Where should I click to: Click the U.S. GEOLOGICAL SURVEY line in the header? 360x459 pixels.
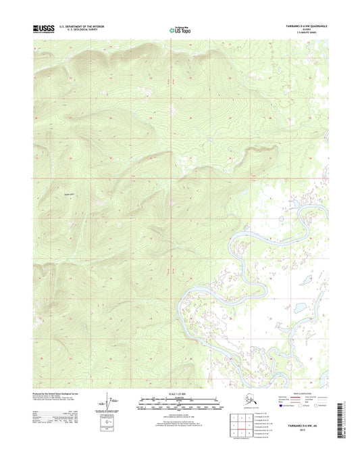[76, 30]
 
